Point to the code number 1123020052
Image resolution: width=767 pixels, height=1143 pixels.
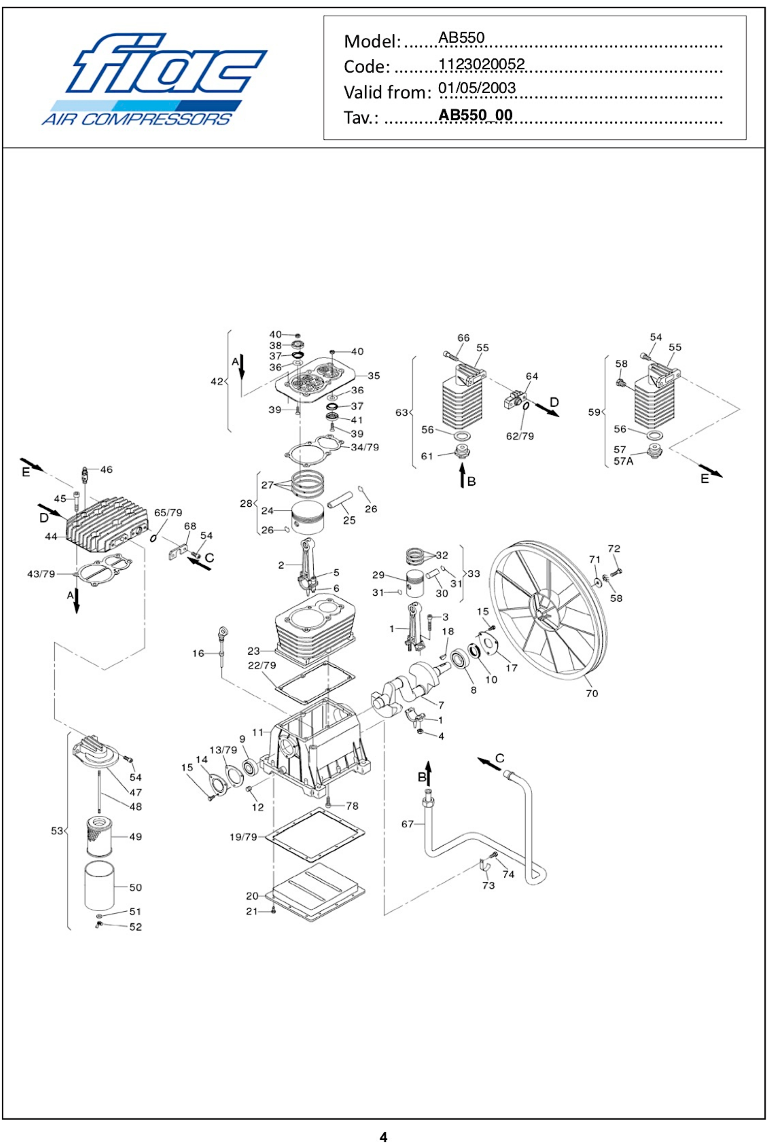pos(481,64)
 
